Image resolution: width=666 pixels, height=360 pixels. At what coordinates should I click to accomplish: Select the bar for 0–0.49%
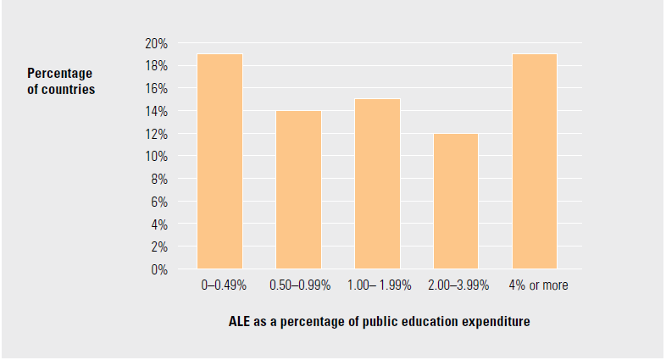click(219, 161)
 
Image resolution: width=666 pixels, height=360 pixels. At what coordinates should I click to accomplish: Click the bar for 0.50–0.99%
click(298, 190)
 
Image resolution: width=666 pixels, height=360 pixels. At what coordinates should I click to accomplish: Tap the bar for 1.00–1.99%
click(377, 184)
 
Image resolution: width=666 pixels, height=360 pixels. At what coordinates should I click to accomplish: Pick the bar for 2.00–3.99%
click(456, 201)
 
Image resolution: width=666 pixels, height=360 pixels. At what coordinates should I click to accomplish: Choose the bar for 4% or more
click(535, 161)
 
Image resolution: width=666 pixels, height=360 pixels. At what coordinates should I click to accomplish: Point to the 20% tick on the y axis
click(158, 43)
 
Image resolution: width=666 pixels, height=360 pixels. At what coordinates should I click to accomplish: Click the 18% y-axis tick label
click(158, 66)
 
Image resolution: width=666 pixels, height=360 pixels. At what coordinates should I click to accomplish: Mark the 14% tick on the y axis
click(158, 111)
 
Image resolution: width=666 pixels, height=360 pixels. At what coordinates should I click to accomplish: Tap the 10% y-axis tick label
click(158, 157)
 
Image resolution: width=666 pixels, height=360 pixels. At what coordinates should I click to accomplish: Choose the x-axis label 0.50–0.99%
click(299, 285)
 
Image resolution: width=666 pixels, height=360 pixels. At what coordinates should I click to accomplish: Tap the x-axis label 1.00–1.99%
click(379, 285)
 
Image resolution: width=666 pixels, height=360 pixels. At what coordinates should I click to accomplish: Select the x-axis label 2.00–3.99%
click(458, 285)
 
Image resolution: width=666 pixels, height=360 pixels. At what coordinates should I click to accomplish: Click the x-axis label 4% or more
click(540, 285)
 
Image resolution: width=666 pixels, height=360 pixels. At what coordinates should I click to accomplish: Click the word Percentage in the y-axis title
click(59, 73)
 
